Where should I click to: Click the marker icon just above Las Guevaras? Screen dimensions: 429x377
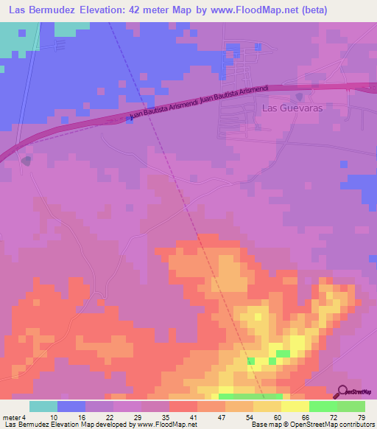pyautogui.click(x=300, y=96)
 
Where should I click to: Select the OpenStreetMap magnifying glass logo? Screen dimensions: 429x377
pyautogui.click(x=344, y=391)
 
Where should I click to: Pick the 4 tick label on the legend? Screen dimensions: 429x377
pyautogui.click(x=24, y=417)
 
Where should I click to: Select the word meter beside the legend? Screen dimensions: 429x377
pyautogui.click(x=11, y=417)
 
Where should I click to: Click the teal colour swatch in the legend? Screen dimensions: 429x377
pyautogui.click(x=43, y=406)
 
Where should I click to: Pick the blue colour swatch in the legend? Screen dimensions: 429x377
pyautogui.click(x=71, y=406)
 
